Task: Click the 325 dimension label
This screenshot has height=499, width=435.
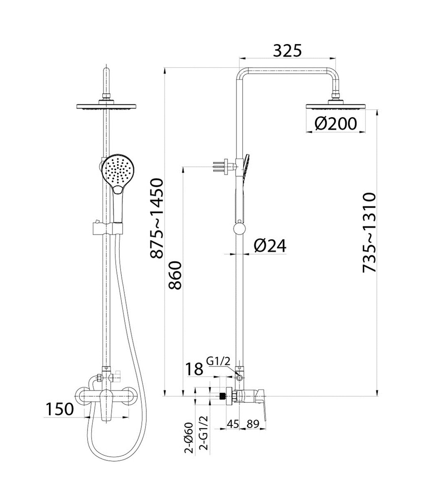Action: (x=287, y=51)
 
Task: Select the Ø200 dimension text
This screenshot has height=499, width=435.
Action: (x=336, y=124)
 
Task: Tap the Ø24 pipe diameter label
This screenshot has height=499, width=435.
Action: (x=270, y=246)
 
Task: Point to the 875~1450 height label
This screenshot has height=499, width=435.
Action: (x=157, y=219)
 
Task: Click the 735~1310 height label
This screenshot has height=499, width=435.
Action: (x=369, y=232)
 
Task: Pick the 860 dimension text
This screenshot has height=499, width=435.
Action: (x=175, y=275)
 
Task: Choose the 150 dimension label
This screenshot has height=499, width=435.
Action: (x=60, y=409)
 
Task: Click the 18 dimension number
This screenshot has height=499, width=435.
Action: (x=194, y=369)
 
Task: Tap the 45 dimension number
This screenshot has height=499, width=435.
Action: (x=233, y=424)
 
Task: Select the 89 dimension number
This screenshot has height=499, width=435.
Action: (x=253, y=424)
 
